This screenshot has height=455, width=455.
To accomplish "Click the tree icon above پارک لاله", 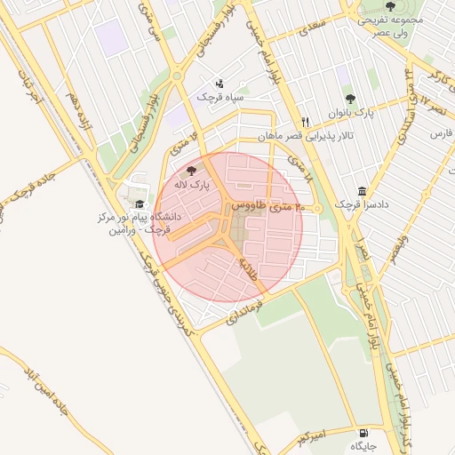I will point(191,170).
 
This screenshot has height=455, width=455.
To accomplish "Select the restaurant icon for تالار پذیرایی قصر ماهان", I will point(305,122).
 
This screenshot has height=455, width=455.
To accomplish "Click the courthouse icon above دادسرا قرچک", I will point(363,191).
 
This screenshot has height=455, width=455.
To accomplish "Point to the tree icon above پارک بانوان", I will point(348,100).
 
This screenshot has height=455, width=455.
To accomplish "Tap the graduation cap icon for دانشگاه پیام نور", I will point(140,204).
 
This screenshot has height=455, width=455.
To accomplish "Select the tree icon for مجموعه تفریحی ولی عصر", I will point(389,6).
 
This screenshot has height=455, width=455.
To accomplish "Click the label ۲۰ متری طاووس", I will point(267,206).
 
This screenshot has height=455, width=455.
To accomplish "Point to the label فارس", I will point(442,133).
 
